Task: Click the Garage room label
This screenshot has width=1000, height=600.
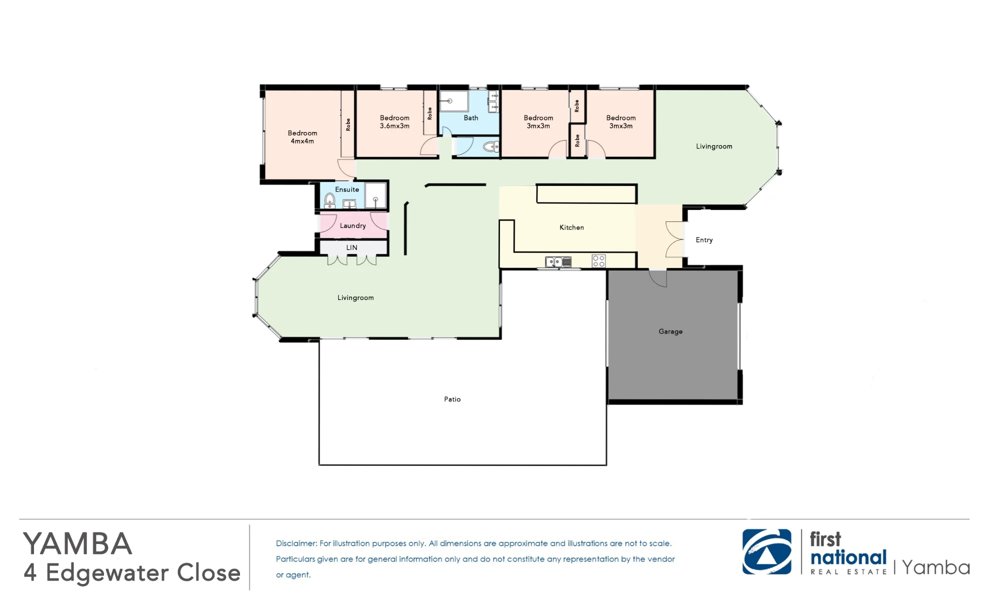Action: pos(670,331)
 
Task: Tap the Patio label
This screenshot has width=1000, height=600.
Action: pos(452,399)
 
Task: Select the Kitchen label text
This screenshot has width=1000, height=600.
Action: pos(571,227)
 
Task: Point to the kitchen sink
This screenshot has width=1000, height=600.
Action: pos(558,261)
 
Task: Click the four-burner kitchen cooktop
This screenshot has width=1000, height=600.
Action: pos(598,260)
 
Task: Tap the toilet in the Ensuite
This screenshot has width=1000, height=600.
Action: pos(329,201)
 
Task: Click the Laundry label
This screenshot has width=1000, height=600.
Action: pos(353,226)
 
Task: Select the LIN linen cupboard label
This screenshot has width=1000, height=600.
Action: pos(352,247)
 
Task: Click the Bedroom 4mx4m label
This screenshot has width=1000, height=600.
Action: pos(302,137)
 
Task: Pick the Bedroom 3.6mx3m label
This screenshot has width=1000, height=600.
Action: pos(394,122)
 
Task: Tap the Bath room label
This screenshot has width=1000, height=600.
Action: pos(471,118)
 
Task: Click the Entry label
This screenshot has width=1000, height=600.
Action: pos(704,240)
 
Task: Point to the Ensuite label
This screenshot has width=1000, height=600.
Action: pos(347,189)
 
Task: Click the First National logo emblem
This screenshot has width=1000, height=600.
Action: pos(767,552)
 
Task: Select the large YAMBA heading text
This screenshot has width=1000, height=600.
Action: pos(77,543)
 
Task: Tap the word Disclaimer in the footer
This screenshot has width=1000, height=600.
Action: pos(296,543)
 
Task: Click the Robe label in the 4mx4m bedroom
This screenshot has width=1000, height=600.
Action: pos(348,124)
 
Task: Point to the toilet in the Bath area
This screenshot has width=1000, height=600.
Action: pos(491,146)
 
